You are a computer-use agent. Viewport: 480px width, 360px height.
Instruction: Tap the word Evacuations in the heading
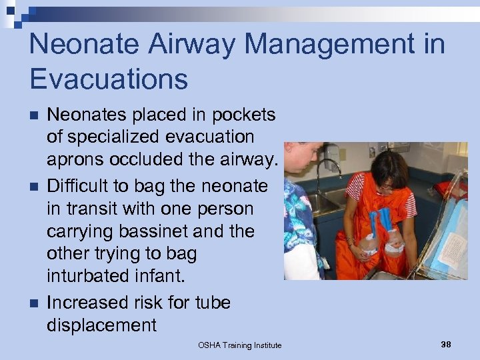tap(109, 79)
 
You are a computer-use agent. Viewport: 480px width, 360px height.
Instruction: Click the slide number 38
tap(446, 344)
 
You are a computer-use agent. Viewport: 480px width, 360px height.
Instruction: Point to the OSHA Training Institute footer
tap(239, 345)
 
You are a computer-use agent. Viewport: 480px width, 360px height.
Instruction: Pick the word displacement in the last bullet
tap(101, 325)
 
